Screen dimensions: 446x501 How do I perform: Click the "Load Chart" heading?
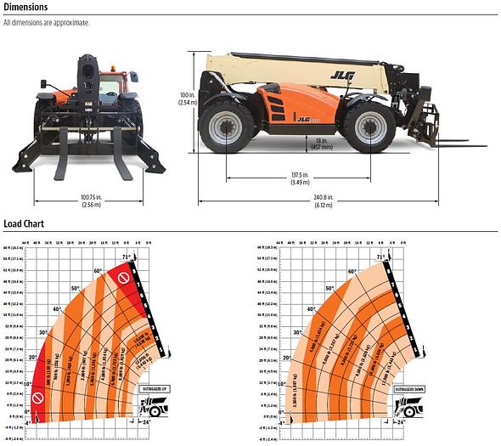[x=24, y=224]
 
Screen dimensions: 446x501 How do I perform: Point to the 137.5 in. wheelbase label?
[x=300, y=179]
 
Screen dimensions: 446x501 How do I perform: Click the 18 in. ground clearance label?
[x=319, y=144]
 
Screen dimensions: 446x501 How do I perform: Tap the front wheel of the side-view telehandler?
[x=370, y=129]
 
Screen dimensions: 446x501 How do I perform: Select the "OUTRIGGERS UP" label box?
[x=155, y=388]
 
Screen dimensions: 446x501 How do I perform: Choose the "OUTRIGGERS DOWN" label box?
[x=390, y=388]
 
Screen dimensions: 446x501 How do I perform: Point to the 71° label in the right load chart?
[x=380, y=256]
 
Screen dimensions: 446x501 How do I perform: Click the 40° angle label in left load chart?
[x=57, y=309]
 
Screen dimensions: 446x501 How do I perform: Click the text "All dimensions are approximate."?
[x=46, y=23]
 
